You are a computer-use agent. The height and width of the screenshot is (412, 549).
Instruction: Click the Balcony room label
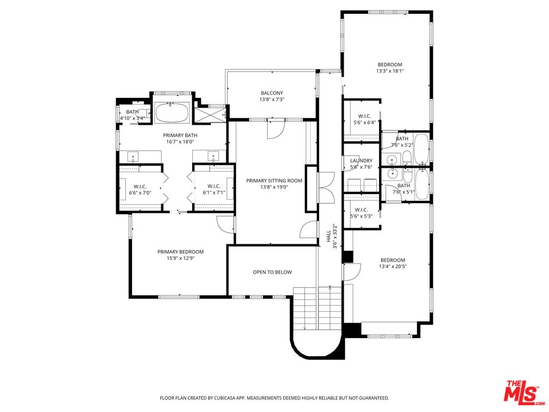click(272, 93)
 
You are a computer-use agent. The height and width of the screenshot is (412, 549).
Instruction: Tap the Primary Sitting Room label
click(274, 181)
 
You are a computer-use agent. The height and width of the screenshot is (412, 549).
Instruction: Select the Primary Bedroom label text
click(180, 252)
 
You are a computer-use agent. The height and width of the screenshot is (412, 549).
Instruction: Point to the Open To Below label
click(272, 272)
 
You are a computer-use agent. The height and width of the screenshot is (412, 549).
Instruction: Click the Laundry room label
click(361, 161)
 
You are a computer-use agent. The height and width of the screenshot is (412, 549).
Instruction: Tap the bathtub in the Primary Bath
click(172, 113)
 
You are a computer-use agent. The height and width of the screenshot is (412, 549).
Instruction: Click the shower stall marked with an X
click(210, 115)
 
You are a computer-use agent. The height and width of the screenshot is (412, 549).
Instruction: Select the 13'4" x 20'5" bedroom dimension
click(392, 267)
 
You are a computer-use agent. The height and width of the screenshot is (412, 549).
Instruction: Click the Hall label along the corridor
click(329, 236)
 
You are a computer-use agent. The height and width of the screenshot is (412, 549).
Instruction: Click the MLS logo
click(522, 391)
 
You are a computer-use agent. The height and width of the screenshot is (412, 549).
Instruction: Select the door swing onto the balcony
click(274, 129)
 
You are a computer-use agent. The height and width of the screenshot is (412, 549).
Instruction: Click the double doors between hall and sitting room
click(327, 188)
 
